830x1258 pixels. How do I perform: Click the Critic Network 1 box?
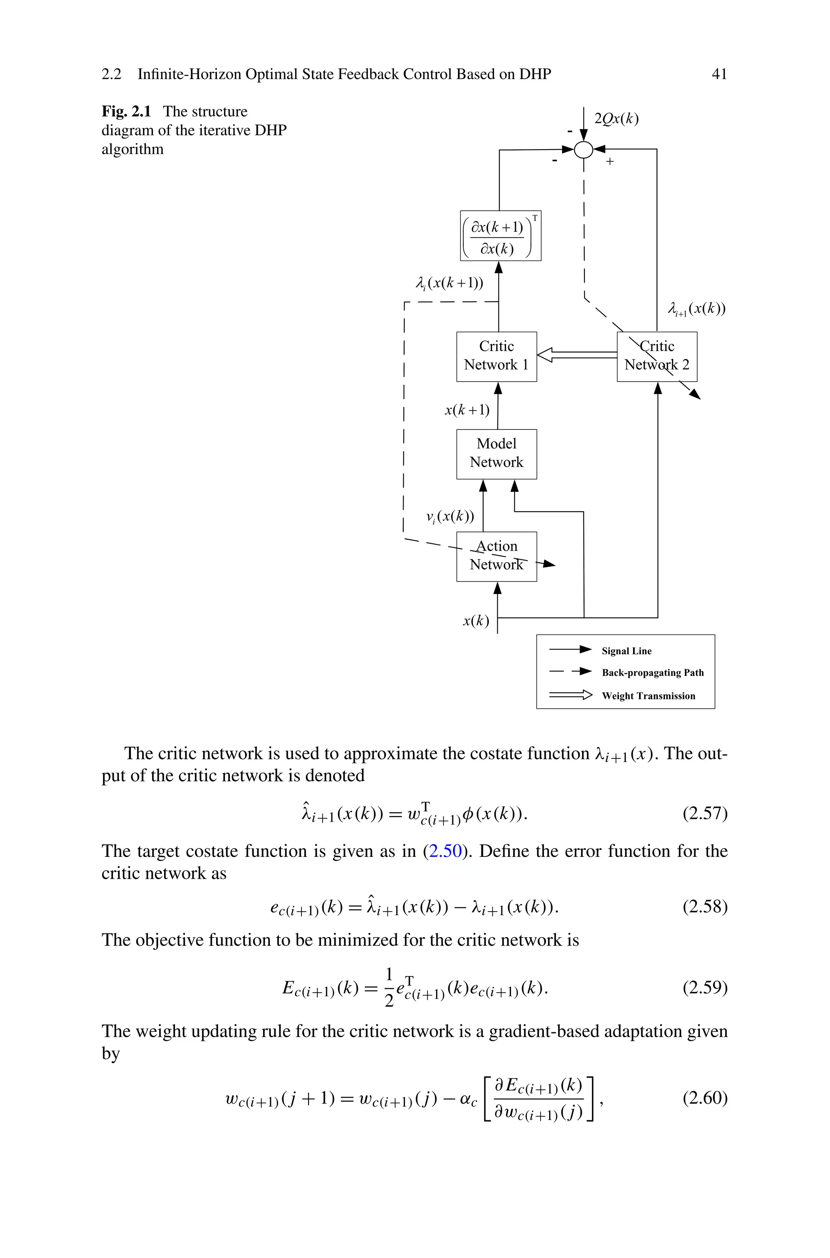coord(496,356)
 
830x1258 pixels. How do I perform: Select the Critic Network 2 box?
coord(657,356)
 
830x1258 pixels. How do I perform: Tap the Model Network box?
coord(496,453)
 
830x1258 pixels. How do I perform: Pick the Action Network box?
coord(496,556)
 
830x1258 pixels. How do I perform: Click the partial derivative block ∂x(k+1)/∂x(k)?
coord(500,235)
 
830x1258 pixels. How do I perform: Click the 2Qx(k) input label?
coord(616,119)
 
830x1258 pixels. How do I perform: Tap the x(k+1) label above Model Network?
coord(467,410)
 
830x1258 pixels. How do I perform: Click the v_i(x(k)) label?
coord(450,516)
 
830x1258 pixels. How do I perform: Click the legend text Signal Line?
coord(626,651)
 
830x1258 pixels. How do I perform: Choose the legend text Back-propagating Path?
coord(652,673)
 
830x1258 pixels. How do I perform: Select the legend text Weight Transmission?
coord(648,696)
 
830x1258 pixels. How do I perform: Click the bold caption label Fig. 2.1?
coord(126,112)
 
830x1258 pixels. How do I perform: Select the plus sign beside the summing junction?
coord(610,161)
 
